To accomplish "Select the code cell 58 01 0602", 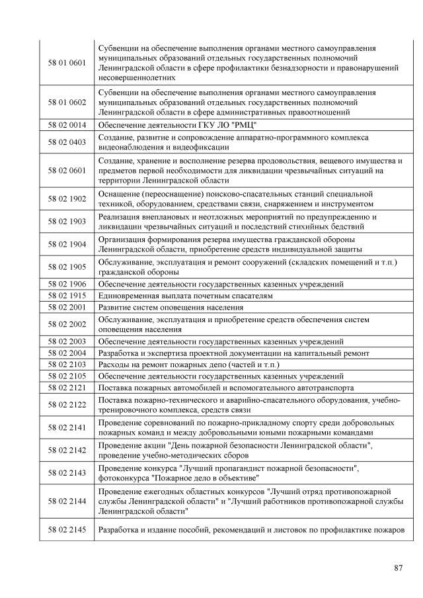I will tap(67, 103).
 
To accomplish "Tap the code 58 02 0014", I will tap(67, 125).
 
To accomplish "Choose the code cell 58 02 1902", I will tap(67, 198).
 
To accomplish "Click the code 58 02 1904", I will tap(67, 244).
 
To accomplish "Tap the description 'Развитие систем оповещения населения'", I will tap(171, 307).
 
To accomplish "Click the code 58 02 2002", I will tap(67, 323).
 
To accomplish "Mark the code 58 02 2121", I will tap(67, 387).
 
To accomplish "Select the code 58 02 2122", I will tap(67, 404).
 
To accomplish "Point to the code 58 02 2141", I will tap(67, 427).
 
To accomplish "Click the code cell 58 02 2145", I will tap(67, 531).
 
